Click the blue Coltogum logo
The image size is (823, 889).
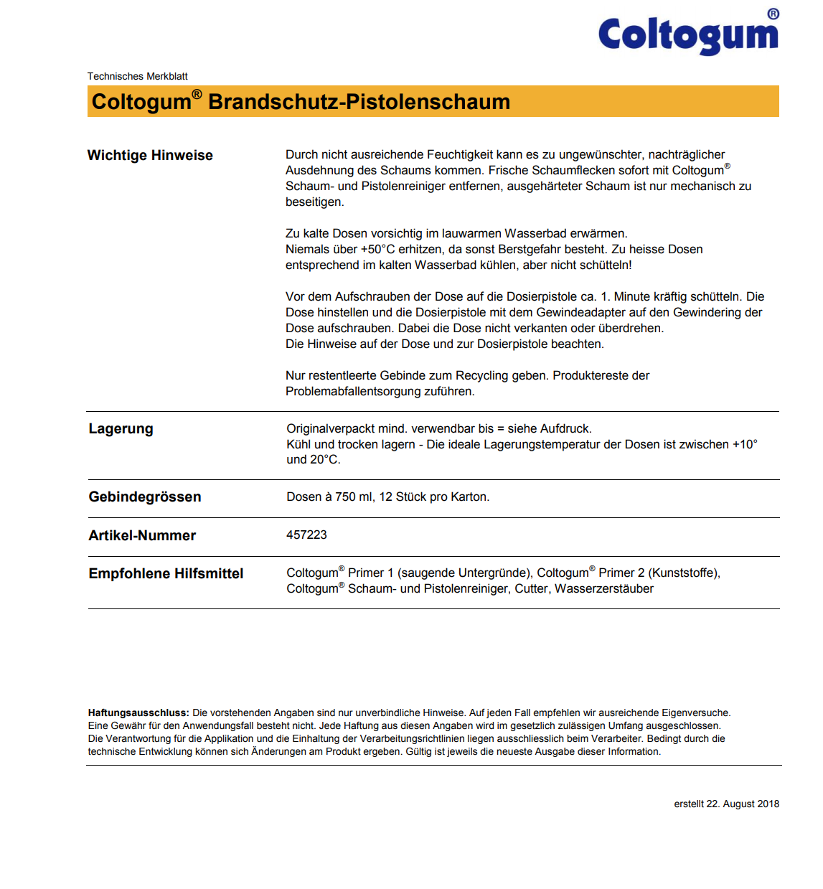688,34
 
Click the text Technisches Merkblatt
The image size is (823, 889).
137,76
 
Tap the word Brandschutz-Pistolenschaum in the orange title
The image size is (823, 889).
359,102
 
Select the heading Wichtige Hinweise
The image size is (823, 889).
150,155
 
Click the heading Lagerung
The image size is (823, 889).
121,428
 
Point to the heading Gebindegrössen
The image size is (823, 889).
144,497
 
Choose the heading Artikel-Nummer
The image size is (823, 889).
142,535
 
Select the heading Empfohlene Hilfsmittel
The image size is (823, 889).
166,573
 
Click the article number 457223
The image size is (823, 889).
306,535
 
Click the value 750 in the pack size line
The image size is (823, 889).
345,497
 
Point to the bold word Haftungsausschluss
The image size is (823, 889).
138,712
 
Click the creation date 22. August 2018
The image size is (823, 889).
743,804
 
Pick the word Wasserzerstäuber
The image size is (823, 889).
604,588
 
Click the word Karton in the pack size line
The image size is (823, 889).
469,497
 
